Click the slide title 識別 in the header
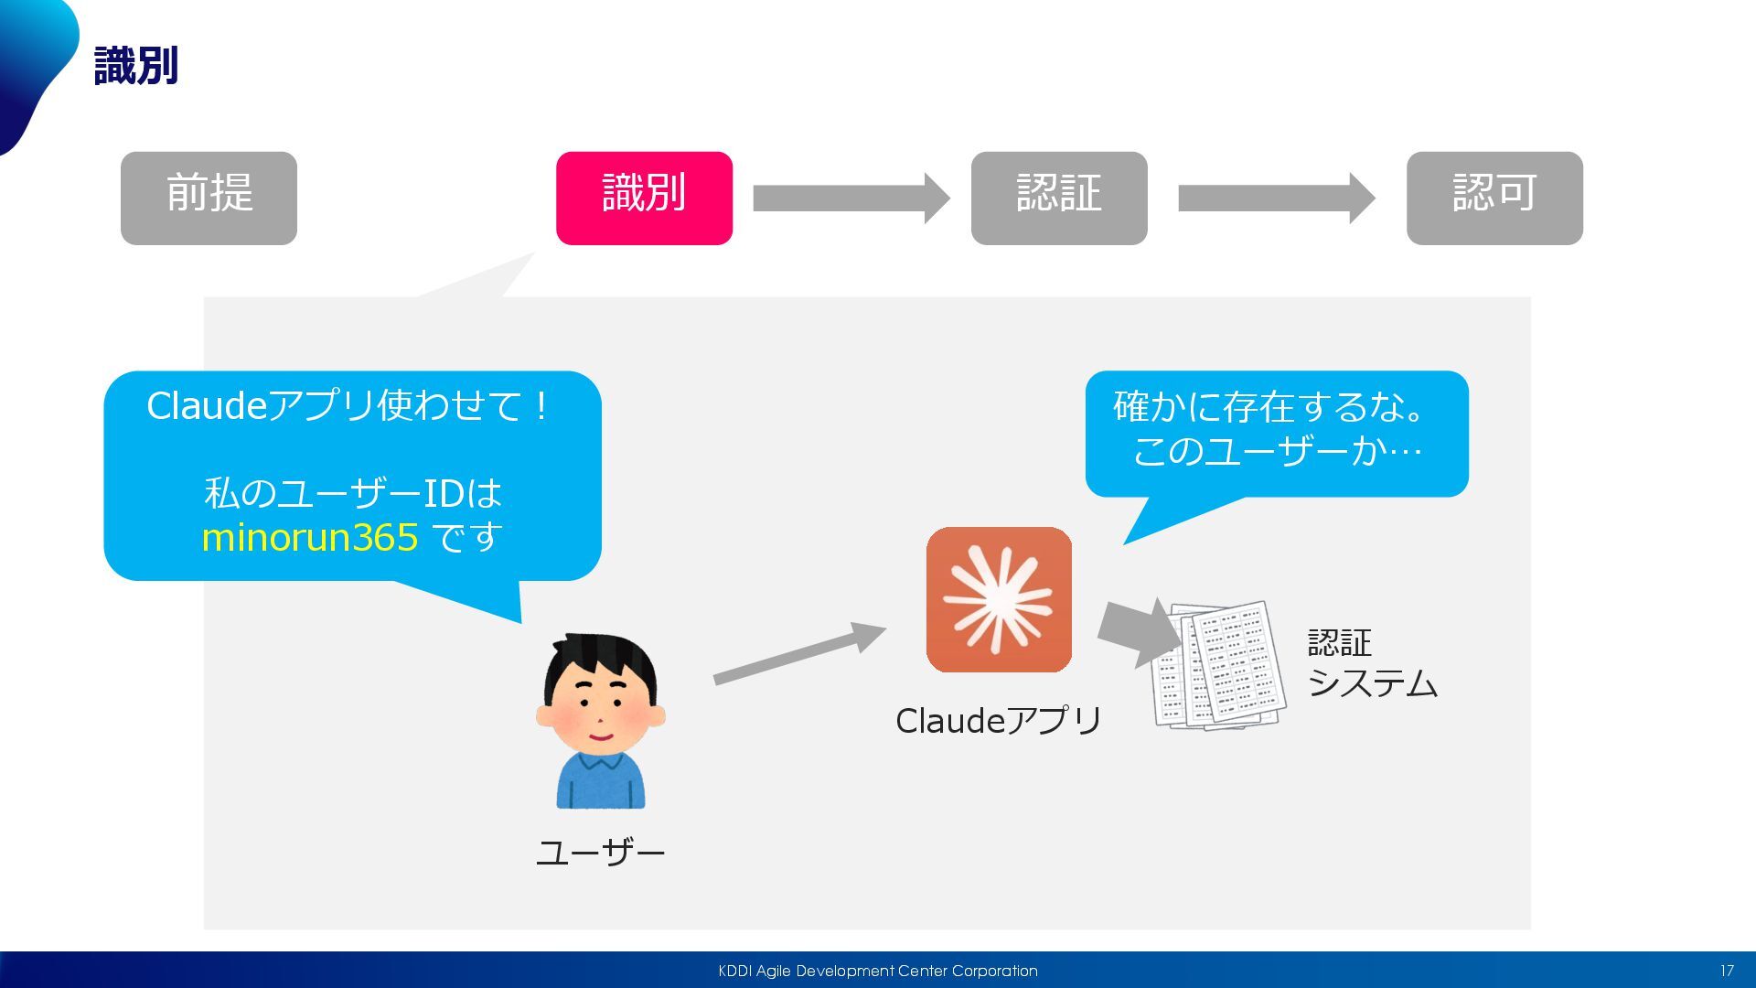coord(136,66)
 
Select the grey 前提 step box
coord(209,198)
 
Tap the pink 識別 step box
coord(644,198)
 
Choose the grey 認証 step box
coord(1058,198)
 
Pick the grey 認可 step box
coord(1494,198)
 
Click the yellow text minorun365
coord(310,538)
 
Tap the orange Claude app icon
coord(999,599)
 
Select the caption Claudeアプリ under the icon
coord(999,721)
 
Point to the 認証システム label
coord(1371,663)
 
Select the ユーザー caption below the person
coord(600,853)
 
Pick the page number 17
coord(1726,971)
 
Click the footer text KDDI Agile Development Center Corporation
coord(878,971)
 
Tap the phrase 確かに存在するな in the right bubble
coord(1268,407)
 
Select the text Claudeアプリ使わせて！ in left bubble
coord(348,406)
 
